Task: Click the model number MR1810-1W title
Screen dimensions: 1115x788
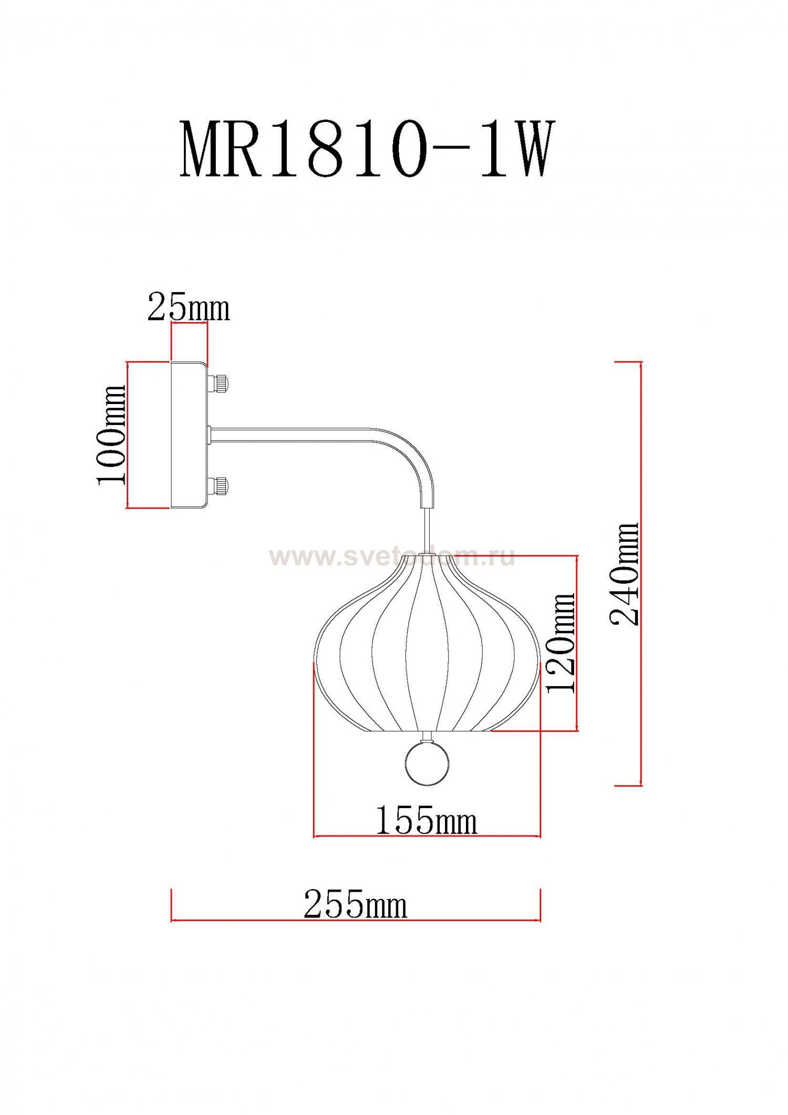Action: coord(367,150)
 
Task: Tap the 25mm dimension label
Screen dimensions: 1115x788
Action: coord(189,308)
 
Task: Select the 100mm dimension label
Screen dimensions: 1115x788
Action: coord(111,434)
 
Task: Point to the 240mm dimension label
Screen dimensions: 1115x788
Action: coord(625,574)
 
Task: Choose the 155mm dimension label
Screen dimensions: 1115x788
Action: coord(426,820)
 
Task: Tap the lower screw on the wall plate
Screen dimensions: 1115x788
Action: coord(218,486)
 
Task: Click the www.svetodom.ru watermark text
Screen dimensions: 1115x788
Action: coord(391,557)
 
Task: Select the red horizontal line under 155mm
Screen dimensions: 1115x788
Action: coord(427,836)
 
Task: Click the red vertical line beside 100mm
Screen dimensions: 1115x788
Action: coord(128,435)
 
